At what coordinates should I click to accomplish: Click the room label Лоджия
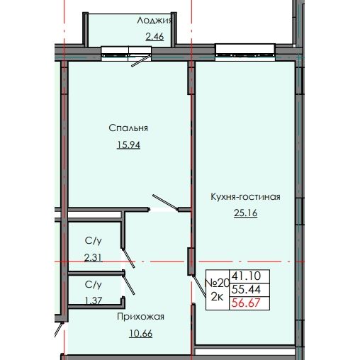click(154, 21)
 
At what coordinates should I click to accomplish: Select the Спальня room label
click(128, 128)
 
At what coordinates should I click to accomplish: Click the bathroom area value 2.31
click(93, 258)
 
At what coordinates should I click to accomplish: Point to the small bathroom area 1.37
click(93, 300)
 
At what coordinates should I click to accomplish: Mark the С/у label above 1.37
click(93, 285)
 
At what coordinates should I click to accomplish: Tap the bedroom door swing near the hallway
click(163, 202)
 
